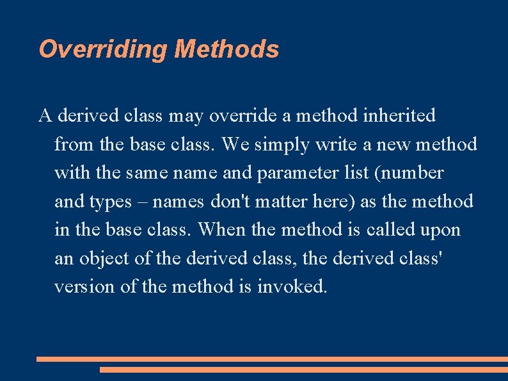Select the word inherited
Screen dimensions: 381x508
(399, 116)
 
